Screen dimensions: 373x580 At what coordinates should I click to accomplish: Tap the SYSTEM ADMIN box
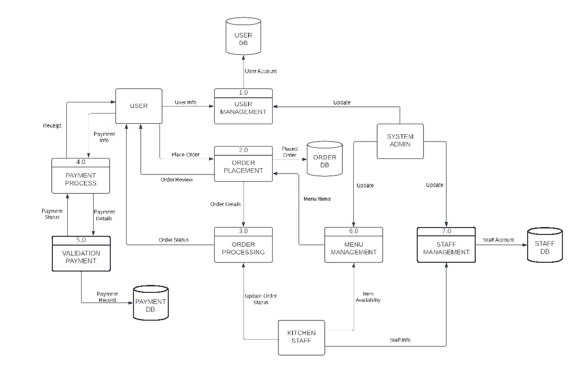pos(400,141)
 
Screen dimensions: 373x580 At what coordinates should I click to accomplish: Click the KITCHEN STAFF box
pos(302,337)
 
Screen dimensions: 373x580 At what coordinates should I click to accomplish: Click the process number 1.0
pos(243,92)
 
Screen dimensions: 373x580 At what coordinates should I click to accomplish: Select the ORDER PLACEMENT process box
pos(244,167)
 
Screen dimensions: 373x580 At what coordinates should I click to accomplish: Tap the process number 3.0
pos(243,231)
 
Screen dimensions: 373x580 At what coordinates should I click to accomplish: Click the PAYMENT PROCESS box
pos(81,179)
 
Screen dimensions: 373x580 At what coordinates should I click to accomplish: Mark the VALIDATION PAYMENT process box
pos(81,257)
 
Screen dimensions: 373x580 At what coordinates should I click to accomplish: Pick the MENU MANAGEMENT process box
pos(354,248)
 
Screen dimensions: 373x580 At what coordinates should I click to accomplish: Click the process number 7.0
pos(446,231)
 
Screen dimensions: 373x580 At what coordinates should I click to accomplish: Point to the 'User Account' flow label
pos(261,71)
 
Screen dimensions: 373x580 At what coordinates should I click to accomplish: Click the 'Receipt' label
pos(52,126)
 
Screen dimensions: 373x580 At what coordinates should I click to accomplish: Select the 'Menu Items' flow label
pos(317,199)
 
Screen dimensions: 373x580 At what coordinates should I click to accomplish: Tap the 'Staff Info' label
pos(400,340)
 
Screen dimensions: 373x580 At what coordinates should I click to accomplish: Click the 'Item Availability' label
pos(368,297)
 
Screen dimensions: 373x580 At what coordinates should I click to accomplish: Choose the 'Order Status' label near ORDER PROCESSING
pos(174,240)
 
